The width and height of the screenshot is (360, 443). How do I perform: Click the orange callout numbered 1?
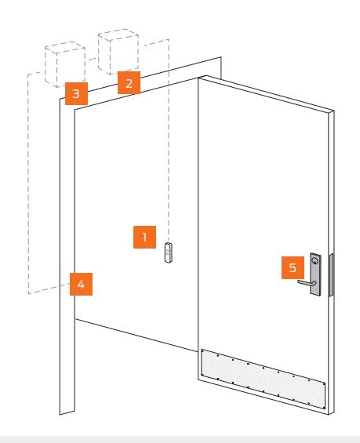tap(144, 237)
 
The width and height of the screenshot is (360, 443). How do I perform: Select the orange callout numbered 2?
tap(129, 82)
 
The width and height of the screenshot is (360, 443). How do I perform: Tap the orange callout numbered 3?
tap(76, 93)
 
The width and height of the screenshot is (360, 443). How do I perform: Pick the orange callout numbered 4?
tap(81, 284)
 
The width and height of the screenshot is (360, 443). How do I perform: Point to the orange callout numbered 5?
tap(293, 267)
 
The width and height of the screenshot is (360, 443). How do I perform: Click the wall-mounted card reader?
tap(169, 252)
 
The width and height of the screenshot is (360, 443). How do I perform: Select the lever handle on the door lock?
tap(307, 282)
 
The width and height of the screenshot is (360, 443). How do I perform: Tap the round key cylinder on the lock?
tap(315, 261)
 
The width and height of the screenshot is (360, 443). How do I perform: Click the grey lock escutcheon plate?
tap(315, 274)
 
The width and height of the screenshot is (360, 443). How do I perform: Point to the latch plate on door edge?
tap(331, 275)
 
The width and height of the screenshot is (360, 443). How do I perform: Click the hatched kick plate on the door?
tap(263, 379)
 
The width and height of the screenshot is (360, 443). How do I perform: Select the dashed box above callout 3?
tap(65, 64)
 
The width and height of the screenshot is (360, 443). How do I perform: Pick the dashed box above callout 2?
tap(118, 52)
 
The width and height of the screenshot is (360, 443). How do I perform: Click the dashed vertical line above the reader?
tap(169, 140)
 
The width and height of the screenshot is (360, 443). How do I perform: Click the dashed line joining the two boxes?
tap(92, 59)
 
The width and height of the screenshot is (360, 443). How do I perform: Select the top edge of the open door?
tap(266, 93)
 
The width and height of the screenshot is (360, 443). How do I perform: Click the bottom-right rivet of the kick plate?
tap(323, 407)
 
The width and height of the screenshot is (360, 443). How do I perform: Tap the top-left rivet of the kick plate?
tap(202, 351)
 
